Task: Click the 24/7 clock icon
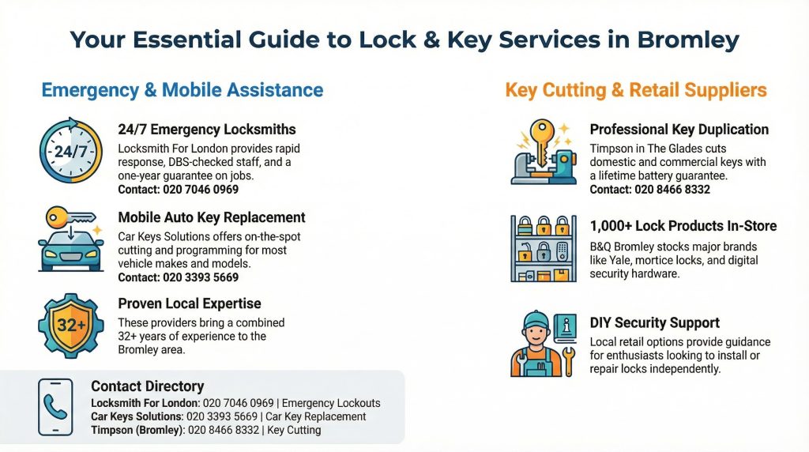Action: coord(70,151)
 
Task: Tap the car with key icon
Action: coord(70,239)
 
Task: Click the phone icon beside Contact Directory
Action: coord(55,407)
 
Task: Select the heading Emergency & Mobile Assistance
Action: coord(182,90)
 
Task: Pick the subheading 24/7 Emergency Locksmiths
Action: coord(207,130)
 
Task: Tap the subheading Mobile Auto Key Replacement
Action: coord(212,217)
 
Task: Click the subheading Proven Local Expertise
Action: coord(190,303)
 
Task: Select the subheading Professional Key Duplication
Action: coord(679,130)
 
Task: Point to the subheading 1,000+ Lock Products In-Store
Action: coord(683,226)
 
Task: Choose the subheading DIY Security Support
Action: coord(655,323)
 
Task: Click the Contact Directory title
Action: coord(148,386)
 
